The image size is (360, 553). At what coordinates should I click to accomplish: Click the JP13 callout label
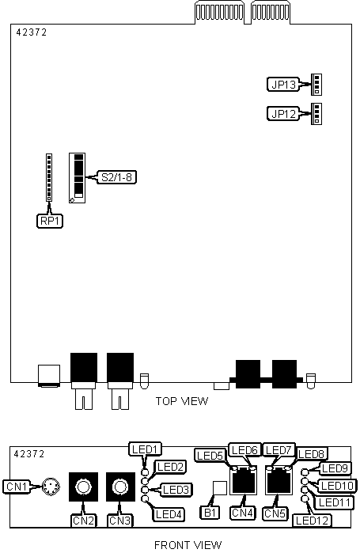pyautogui.click(x=283, y=85)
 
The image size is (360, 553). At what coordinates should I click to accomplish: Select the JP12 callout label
pyautogui.click(x=283, y=114)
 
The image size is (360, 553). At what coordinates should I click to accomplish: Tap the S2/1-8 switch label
pyautogui.click(x=116, y=177)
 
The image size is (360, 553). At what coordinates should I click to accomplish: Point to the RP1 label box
pyautogui.click(x=50, y=222)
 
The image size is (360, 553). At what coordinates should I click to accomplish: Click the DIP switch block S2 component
pyautogui.click(x=78, y=178)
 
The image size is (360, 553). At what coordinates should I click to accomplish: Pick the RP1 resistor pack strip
pyautogui.click(x=49, y=177)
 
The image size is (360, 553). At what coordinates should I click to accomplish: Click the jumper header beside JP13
pyautogui.click(x=316, y=85)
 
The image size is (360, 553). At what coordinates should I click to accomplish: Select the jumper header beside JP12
pyautogui.click(x=316, y=114)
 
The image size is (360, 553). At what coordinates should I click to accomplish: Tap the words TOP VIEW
pyautogui.click(x=182, y=401)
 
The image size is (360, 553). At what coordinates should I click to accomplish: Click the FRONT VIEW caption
pyautogui.click(x=188, y=545)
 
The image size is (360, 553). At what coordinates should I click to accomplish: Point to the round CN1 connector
pyautogui.click(x=51, y=487)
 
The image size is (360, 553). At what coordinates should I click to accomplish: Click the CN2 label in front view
pyautogui.click(x=83, y=521)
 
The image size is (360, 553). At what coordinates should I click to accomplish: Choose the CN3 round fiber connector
pyautogui.click(x=120, y=487)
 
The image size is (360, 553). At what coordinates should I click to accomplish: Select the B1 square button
pyautogui.click(x=221, y=488)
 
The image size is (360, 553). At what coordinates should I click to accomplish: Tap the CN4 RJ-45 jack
pyautogui.click(x=243, y=480)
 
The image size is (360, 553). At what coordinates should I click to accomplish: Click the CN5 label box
pyautogui.click(x=275, y=513)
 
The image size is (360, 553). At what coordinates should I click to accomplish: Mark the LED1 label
pyautogui.click(x=146, y=449)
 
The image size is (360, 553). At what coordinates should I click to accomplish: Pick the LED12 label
pyautogui.click(x=312, y=521)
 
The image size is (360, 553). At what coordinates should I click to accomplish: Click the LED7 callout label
pyautogui.click(x=279, y=449)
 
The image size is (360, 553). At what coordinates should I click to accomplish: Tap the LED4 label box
pyautogui.click(x=169, y=514)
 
